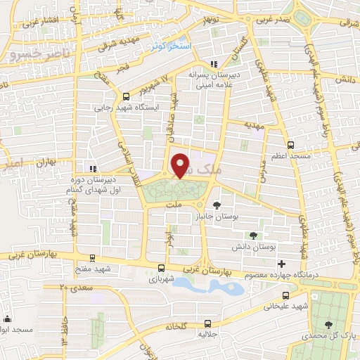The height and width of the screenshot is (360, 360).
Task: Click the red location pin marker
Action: [180, 165]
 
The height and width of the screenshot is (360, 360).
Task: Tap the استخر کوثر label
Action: [171, 46]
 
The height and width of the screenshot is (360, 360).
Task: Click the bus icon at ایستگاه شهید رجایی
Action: [126, 97]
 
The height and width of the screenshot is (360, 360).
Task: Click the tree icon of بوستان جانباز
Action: [216, 205]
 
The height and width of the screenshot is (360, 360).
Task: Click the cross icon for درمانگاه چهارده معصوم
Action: [281, 262]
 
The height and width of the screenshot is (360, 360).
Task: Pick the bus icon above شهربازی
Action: [162, 268]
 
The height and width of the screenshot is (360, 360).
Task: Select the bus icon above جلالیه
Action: [207, 324]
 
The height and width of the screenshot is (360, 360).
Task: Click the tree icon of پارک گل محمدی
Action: [329, 324]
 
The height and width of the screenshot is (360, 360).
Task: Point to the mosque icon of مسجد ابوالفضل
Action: [6, 318]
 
